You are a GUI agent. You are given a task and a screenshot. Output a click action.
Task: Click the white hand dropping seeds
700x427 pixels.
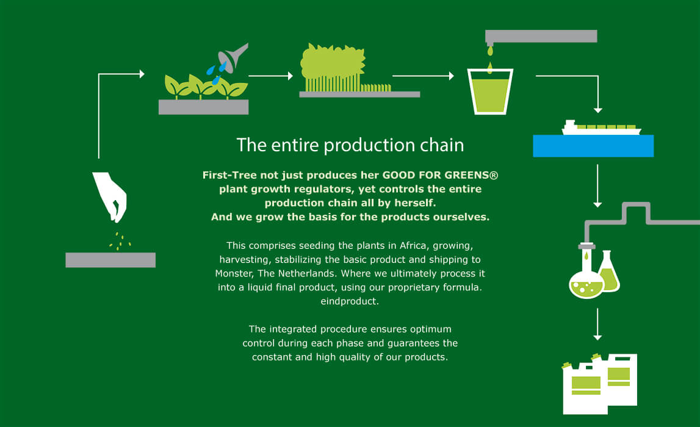(110, 195)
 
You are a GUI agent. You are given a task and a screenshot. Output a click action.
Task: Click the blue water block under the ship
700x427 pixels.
(593, 146)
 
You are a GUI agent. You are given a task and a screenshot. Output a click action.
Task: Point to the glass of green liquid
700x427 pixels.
(490, 91)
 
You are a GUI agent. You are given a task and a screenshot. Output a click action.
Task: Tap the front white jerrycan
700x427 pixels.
(585, 388)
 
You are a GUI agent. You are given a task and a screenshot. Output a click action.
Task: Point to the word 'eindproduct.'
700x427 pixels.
(350, 301)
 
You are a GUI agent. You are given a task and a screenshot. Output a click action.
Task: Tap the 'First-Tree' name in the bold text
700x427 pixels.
(229, 175)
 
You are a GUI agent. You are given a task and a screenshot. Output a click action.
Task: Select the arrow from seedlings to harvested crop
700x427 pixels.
(270, 76)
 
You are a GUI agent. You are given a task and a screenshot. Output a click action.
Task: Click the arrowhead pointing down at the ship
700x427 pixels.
(597, 110)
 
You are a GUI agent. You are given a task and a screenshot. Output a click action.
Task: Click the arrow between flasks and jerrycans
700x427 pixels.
(597, 324)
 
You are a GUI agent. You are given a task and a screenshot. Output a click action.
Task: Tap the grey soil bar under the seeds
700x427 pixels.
(110, 260)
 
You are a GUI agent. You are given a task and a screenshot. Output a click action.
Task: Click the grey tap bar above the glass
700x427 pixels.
(541, 37)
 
